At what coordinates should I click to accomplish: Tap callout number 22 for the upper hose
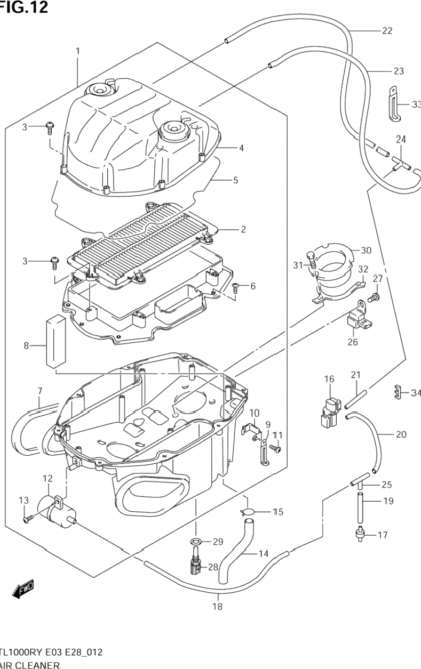[387, 31]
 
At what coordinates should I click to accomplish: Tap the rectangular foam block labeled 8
[55, 341]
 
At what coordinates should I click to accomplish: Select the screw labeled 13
[28, 517]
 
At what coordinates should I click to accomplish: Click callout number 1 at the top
[78, 51]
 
